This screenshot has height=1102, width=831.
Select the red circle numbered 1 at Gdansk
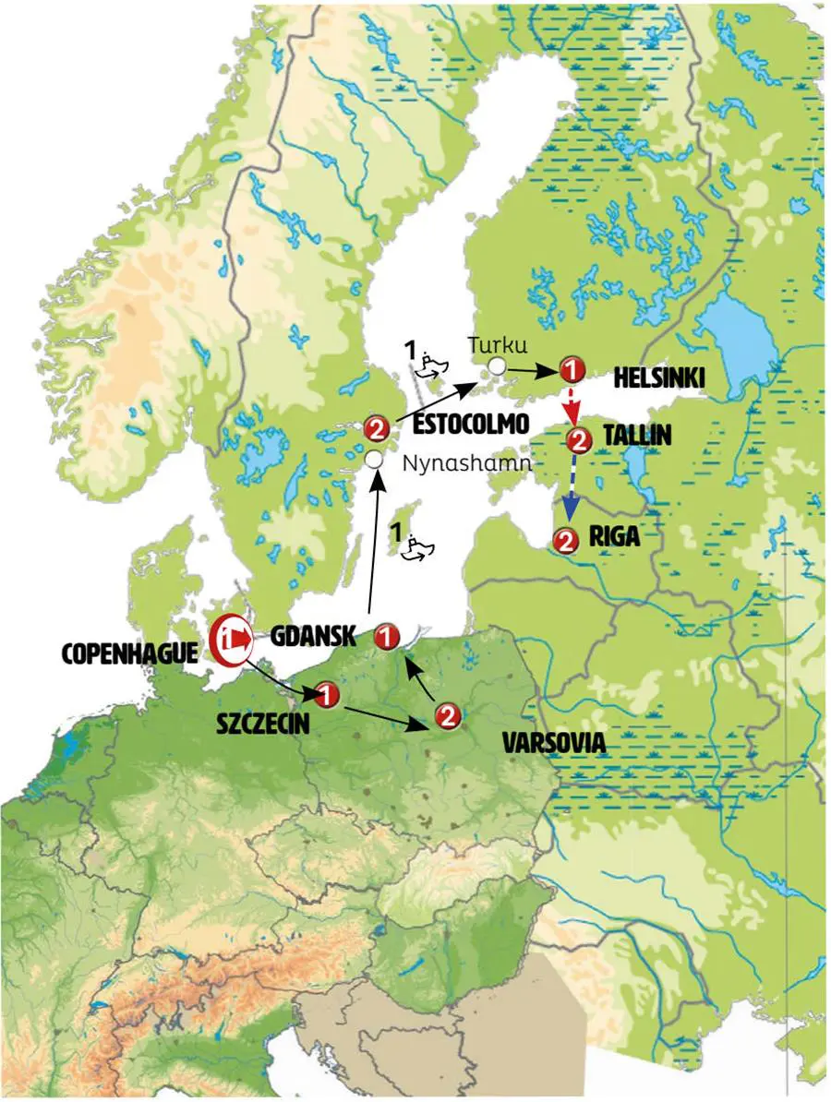388,635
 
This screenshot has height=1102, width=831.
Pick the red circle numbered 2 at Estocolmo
376,428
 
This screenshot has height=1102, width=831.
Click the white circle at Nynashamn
373,459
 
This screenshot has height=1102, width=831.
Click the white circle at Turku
497,366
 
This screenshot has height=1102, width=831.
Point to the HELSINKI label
659,379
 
